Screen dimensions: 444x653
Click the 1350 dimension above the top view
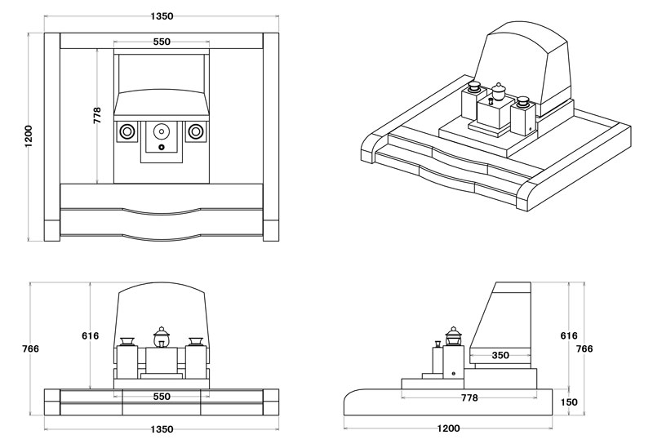(162, 16)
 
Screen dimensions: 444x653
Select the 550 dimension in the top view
(162, 42)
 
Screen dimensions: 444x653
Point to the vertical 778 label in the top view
(97, 115)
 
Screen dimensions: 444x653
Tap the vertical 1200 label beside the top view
(29, 136)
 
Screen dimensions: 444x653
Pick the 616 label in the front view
(90, 335)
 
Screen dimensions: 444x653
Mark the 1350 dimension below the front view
(162, 429)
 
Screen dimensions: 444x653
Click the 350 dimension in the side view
(500, 355)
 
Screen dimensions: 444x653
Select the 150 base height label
(569, 402)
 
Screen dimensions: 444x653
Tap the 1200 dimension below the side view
(447, 429)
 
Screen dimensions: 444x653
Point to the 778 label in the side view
(469, 397)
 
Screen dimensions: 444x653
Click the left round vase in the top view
(127, 131)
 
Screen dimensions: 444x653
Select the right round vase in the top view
(196, 131)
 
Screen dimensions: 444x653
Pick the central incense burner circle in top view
(162, 131)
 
